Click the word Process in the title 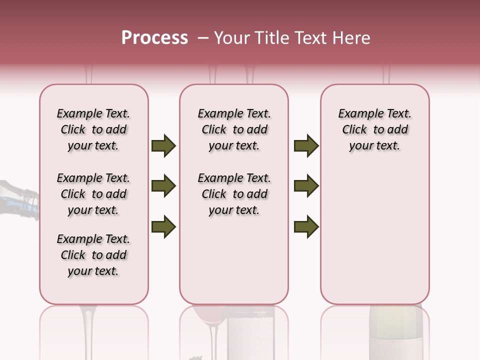[x=154, y=38]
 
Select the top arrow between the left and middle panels [x=163, y=146]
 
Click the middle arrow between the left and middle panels [x=163, y=186]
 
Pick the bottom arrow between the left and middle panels [x=163, y=227]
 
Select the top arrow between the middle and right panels [x=306, y=146]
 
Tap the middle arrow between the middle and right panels [x=306, y=186]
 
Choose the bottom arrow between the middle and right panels [x=306, y=227]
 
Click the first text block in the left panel [x=93, y=129]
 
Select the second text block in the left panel [x=93, y=194]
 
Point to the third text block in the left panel [x=93, y=255]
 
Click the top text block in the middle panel [x=234, y=129]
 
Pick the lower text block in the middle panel [x=234, y=194]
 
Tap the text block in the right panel [x=374, y=129]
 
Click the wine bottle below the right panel [x=395, y=332]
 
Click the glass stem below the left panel [x=88, y=332]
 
